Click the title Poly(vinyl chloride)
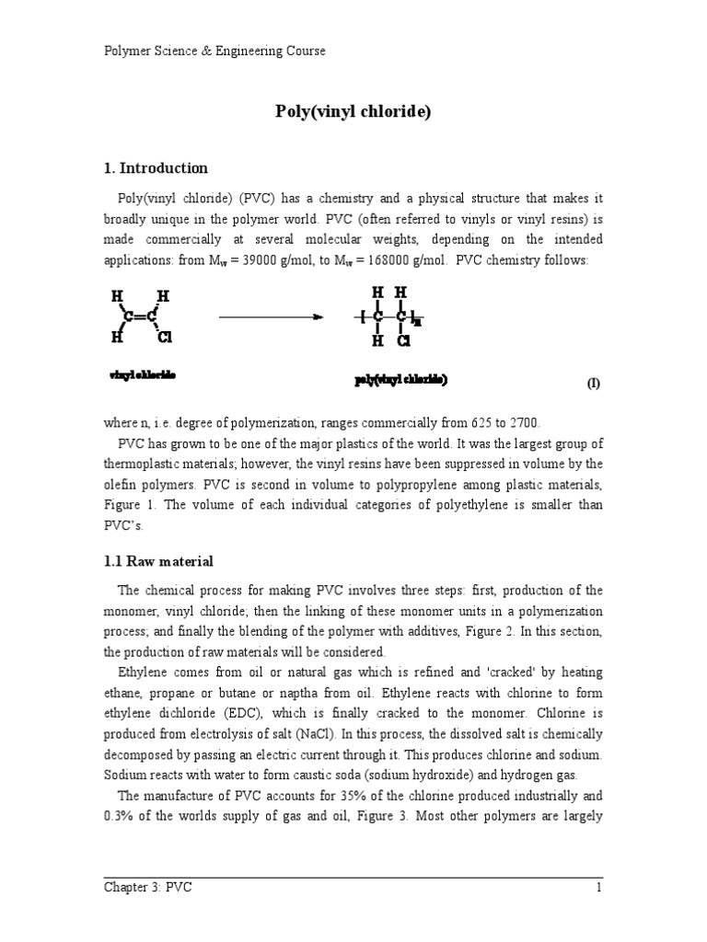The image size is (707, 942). [x=353, y=112]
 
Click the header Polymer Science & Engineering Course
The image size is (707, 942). [x=214, y=52]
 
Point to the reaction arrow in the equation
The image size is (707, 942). [x=271, y=317]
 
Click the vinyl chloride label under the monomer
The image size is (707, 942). [x=143, y=375]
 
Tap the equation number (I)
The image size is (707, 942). [x=594, y=384]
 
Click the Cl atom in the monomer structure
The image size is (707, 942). [x=166, y=338]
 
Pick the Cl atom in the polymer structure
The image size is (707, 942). [x=403, y=340]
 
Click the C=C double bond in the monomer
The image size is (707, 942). [x=141, y=317]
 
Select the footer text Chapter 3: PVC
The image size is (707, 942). [x=147, y=887]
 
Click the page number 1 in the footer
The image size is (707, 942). [x=598, y=887]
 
